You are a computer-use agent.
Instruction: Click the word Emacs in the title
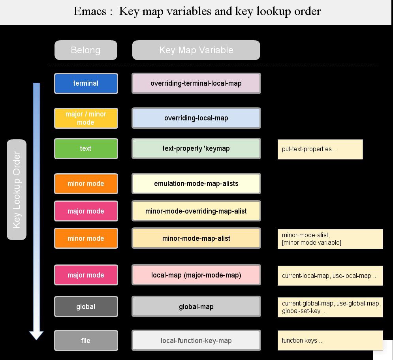pos(90,11)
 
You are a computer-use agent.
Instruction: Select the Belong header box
pos(86,50)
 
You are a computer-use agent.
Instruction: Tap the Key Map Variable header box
pos(196,50)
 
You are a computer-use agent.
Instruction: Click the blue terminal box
pos(86,83)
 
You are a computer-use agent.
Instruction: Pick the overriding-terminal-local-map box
pos(196,83)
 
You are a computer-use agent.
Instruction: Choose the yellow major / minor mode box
pos(86,118)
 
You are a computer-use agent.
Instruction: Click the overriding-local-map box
pos(196,118)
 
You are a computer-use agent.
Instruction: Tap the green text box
pos(86,148)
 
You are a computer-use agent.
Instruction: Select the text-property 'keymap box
pos(196,148)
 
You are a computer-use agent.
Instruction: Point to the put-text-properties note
pos(320,149)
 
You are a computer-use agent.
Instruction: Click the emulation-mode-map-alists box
pos(196,184)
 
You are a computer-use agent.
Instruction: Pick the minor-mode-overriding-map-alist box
pos(196,211)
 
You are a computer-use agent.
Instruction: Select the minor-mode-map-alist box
pos(196,238)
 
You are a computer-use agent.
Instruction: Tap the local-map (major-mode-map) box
pos(196,275)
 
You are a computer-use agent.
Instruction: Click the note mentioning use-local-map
pos(330,276)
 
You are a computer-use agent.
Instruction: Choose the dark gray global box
pos(86,307)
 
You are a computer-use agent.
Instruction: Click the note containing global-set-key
pos(330,307)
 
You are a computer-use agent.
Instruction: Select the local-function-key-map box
pos(196,340)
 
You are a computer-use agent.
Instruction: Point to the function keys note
pos(330,340)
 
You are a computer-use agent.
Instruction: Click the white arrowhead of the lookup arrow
pos(36,335)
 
